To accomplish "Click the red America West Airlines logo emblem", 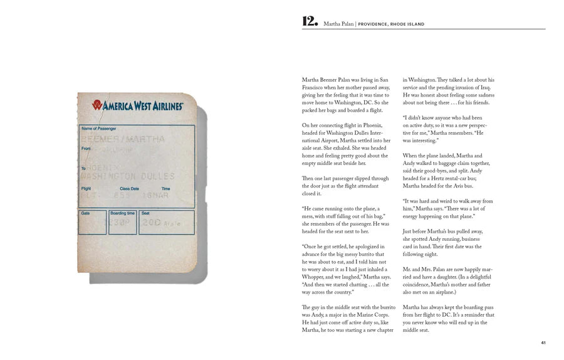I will (98, 105).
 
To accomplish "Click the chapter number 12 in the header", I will (310, 22).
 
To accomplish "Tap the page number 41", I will (543, 342).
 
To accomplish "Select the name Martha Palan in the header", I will (338, 24).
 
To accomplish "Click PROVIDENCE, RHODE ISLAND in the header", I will (391, 24).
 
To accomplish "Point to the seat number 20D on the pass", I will (151, 222).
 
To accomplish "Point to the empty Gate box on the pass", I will (92, 225).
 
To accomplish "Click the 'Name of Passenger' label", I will (100, 129).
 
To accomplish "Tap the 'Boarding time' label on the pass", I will (123, 213).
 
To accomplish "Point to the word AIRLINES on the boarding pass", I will (165, 106).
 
